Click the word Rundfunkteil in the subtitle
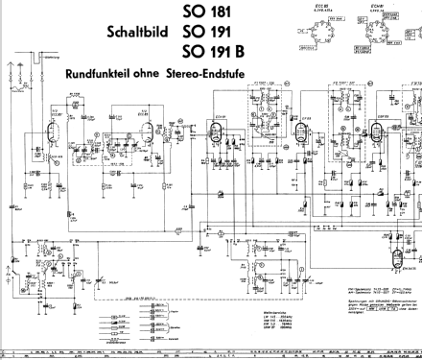[x=99, y=73]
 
